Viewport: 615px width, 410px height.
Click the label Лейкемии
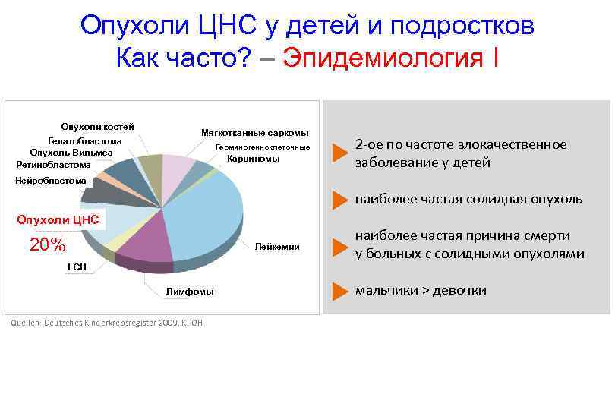point(277,247)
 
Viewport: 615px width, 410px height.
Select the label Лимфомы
point(190,292)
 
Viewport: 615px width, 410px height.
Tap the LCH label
point(77,267)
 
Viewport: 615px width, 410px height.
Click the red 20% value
point(47,245)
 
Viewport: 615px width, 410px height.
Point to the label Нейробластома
point(51,181)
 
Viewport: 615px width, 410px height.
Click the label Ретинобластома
point(54,164)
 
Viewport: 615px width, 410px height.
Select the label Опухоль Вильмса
point(71,153)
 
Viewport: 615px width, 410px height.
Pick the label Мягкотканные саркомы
point(254,133)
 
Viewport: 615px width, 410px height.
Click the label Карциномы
point(254,159)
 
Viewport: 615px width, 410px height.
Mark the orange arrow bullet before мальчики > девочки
point(339,291)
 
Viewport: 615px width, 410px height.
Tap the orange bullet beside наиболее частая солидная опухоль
point(339,200)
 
